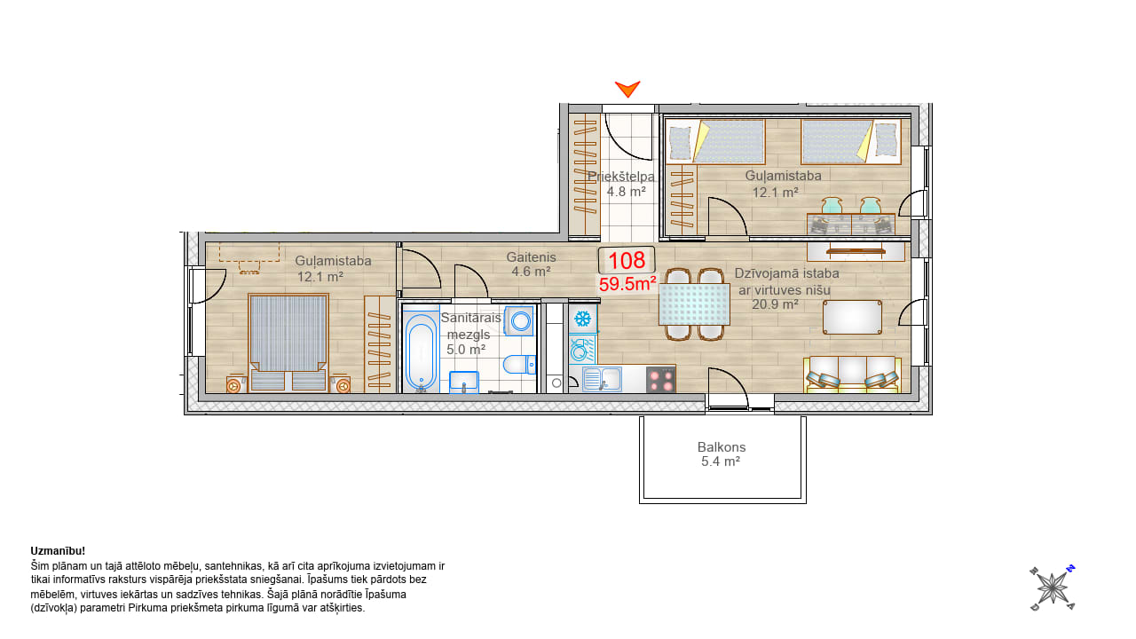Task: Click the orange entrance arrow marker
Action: [627, 89]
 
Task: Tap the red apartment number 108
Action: [627, 261]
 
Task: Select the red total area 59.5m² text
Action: [627, 284]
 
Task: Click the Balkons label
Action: [722, 447]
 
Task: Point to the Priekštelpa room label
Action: [620, 177]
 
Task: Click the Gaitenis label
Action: [531, 257]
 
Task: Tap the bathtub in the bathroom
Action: [421, 351]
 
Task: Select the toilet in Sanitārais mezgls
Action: [519, 364]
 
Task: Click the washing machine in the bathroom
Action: [519, 320]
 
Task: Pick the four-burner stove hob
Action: [661, 379]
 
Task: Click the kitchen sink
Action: [602, 379]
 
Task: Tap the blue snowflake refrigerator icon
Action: [583, 319]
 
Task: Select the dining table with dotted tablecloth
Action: [694, 304]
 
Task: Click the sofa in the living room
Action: [853, 375]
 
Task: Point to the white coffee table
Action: [852, 317]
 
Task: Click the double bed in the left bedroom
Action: [288, 343]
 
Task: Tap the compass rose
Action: [1053, 588]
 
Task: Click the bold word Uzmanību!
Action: [58, 551]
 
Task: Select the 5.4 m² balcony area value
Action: [720, 461]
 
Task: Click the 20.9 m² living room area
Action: [775, 304]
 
